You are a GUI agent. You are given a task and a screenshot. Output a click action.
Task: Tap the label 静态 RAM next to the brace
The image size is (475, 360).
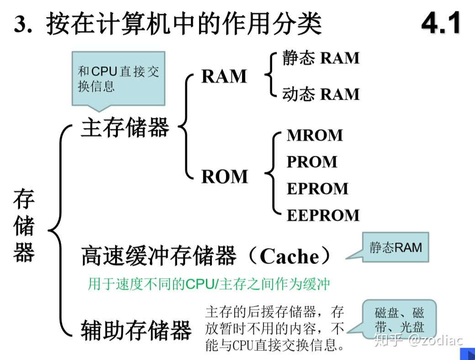point(321,58)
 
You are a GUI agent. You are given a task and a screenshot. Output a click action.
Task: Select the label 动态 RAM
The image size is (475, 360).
point(321,94)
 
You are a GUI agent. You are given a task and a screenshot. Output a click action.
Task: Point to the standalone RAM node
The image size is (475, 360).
point(224,76)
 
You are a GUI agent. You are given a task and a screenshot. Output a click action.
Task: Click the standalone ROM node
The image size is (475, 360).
point(225,176)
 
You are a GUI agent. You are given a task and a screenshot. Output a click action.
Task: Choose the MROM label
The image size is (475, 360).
point(315,135)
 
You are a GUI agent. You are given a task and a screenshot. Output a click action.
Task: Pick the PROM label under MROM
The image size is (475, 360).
point(312,162)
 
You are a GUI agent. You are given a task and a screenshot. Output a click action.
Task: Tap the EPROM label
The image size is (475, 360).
point(317,188)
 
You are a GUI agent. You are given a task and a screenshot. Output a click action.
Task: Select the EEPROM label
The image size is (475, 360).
point(323,215)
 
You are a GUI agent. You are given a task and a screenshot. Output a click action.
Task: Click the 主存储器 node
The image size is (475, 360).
point(125,127)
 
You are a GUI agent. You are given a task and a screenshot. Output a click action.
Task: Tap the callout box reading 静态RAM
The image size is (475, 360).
point(396,248)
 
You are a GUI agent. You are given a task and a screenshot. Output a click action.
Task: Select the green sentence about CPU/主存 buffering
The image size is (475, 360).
point(209,284)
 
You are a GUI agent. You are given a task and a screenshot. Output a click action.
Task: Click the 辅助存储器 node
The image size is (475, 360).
point(136,330)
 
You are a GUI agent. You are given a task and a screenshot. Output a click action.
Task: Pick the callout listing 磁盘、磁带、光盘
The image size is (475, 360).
point(399,320)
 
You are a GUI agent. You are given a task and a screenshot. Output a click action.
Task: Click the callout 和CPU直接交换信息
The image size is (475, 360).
point(118,79)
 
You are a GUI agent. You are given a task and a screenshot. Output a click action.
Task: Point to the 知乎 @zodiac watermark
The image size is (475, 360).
point(418,340)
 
